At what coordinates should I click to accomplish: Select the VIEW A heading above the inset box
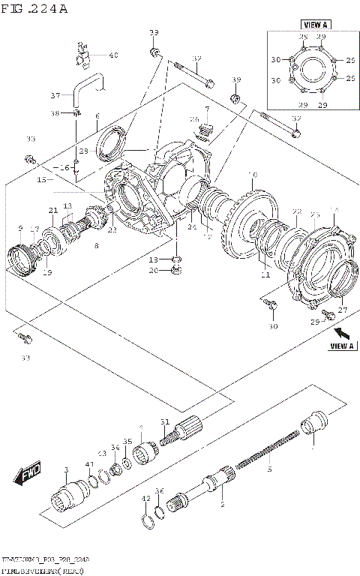311,25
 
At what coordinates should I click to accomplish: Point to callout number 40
113,55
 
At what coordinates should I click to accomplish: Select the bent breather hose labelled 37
85,86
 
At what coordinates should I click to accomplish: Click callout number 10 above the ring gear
253,176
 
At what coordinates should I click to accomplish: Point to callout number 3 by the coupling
66,470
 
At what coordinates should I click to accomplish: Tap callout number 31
164,421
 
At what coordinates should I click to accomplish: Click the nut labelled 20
174,271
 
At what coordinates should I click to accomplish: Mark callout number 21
53,210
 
